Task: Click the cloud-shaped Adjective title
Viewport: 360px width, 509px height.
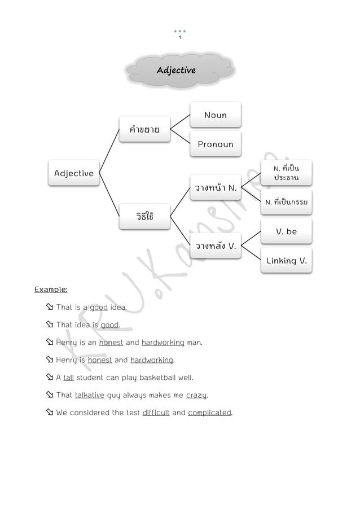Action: point(176,71)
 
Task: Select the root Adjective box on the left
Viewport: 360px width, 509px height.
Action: point(74,173)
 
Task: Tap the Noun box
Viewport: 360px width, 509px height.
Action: point(216,115)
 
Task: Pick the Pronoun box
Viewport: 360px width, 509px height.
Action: point(216,144)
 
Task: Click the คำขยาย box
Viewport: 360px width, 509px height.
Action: point(144,129)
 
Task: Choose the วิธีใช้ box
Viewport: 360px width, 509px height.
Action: point(144,217)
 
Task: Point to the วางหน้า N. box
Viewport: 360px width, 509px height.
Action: point(216,188)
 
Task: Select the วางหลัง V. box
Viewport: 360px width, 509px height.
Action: point(216,246)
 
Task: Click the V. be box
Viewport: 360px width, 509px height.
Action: point(286,231)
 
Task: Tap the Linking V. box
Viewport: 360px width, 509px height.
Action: point(286,261)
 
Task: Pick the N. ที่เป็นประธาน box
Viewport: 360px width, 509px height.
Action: point(286,173)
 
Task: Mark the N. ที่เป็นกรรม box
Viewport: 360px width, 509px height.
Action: point(286,202)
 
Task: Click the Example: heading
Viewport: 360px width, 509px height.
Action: point(51,289)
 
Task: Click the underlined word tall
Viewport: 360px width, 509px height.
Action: point(68,378)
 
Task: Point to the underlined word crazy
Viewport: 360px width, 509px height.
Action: point(197,395)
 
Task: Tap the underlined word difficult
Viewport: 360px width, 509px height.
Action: point(156,413)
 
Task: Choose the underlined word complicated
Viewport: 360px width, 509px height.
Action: point(209,413)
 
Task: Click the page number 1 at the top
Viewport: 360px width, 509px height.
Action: point(179,37)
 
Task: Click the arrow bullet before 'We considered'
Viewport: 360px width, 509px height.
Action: point(49,413)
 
